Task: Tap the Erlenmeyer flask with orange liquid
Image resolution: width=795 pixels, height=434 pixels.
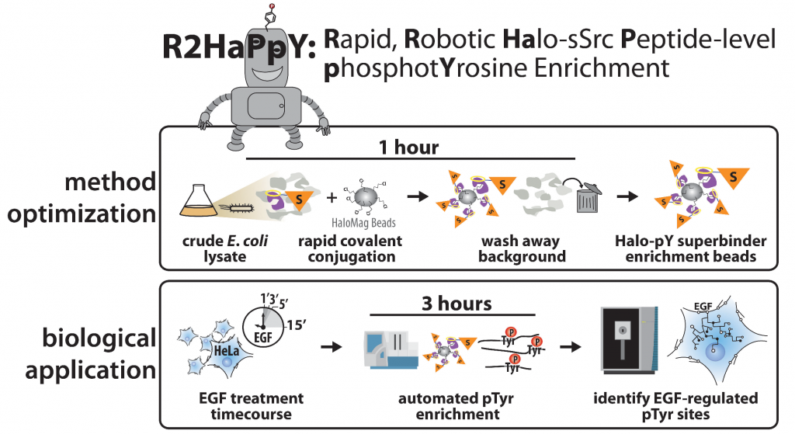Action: pos(199,200)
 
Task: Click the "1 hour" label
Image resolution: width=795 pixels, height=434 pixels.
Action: pos(408,147)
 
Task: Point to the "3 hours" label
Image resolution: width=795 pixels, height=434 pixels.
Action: pos(457,304)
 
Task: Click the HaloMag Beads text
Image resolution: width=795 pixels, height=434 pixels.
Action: pos(363,223)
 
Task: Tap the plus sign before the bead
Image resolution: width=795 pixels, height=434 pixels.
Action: pos(332,197)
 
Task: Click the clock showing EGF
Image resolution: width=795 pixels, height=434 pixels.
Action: pos(262,328)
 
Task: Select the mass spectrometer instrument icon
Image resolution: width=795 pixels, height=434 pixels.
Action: pos(629,340)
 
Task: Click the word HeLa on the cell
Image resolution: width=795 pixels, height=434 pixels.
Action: pos(226,350)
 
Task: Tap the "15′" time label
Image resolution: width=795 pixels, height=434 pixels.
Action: pos(297,325)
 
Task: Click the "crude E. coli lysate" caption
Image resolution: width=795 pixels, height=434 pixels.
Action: pos(225,248)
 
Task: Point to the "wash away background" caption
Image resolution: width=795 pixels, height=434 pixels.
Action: pos(522,248)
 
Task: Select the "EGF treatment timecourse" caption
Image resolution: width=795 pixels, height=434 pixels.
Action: pos(251,406)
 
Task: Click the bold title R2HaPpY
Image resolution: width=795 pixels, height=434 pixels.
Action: pos(239,47)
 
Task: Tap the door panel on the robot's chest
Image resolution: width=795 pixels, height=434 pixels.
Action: pos(266,106)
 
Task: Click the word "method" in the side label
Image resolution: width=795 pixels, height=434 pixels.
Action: pos(110,182)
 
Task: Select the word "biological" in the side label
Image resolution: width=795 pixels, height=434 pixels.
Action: pos(99,339)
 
